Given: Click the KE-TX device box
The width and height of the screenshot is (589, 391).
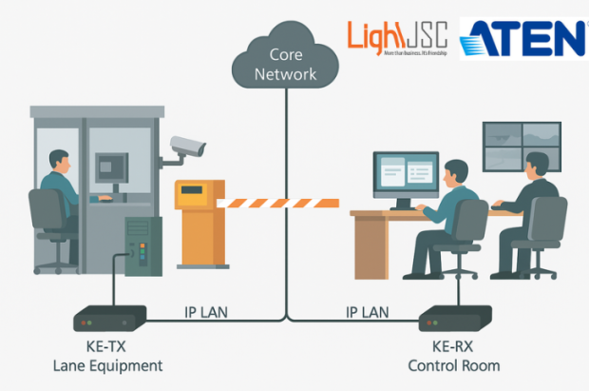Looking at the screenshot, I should (109, 318).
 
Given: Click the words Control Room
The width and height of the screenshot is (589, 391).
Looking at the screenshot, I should (453, 365).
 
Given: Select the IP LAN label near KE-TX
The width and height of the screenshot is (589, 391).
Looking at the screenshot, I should (206, 311).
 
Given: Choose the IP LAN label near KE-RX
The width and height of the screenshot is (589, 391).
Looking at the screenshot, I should (366, 311).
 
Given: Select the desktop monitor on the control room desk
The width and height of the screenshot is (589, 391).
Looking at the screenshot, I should (405, 176).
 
